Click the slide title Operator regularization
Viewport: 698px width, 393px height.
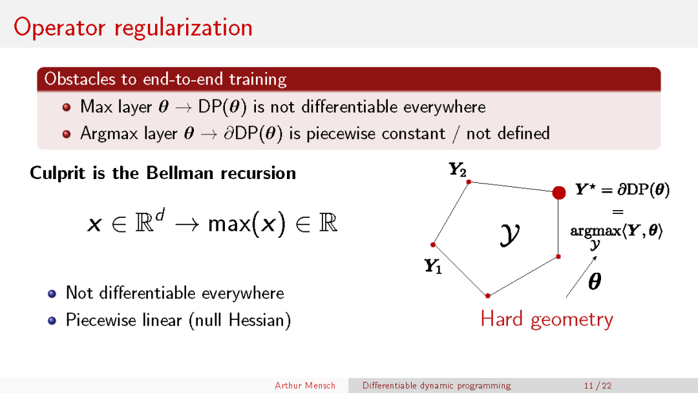133,28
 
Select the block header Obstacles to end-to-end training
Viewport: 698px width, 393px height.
165,79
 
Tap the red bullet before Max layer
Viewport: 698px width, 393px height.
67,107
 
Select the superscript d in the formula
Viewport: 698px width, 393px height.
160,215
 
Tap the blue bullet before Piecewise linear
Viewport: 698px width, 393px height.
52,321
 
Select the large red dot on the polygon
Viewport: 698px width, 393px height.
558,193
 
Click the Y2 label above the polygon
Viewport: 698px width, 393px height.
457,169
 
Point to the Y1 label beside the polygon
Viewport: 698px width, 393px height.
432,266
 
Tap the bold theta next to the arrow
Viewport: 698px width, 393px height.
595,281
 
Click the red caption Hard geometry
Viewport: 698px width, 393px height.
547,319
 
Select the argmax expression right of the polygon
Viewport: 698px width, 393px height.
616,233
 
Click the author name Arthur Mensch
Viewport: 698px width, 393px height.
305,385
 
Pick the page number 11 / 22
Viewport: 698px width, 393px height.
598,385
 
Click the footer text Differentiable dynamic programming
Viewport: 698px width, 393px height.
437,385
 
